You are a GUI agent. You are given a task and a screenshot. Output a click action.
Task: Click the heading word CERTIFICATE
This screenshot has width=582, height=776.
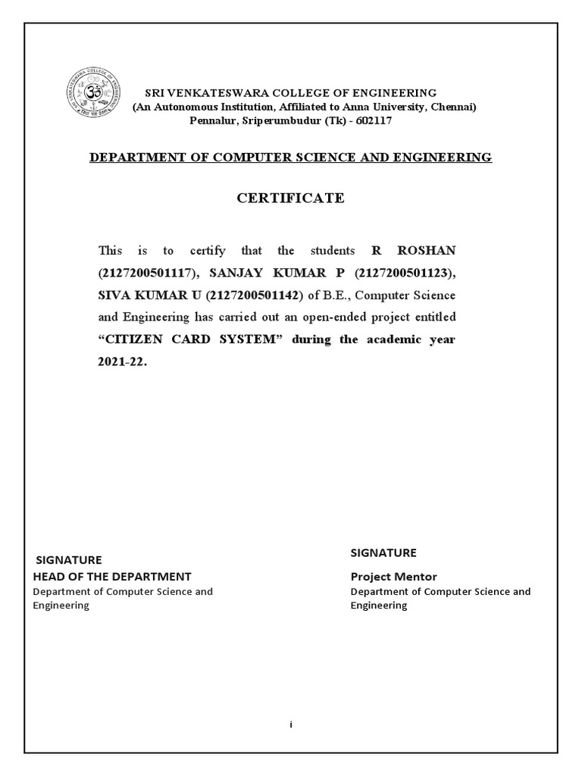(x=291, y=199)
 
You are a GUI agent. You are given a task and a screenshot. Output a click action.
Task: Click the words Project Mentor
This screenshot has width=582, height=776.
(x=393, y=577)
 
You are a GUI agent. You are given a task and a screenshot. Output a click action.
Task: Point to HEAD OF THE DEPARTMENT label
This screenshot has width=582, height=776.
(x=111, y=577)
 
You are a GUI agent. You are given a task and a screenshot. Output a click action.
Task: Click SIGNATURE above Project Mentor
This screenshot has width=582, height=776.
(x=383, y=552)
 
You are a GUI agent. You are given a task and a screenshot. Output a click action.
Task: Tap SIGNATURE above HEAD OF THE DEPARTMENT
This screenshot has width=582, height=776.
(x=69, y=560)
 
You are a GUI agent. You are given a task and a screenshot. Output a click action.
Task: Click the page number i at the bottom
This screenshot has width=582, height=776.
(x=291, y=724)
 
